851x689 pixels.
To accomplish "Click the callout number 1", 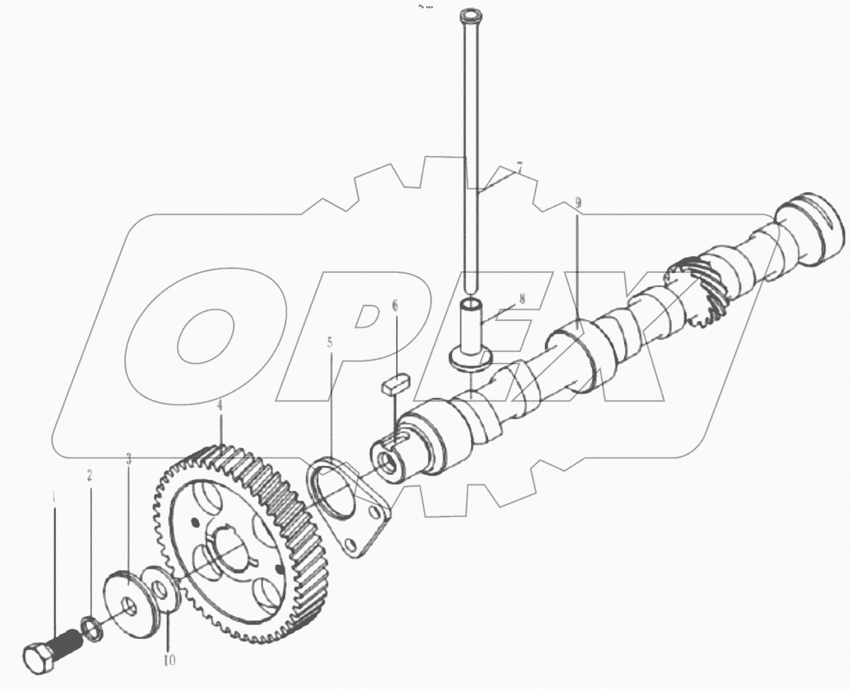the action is coord(54,496).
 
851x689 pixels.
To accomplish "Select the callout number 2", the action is coord(90,475).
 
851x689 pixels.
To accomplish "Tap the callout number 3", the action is coord(128,458).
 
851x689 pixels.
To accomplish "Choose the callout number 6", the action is coord(395,305).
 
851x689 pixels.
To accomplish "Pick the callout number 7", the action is coord(519,167).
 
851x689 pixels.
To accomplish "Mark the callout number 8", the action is coord(522,299).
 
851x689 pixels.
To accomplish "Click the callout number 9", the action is coord(577,202).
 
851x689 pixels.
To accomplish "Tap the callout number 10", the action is coord(169,660).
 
